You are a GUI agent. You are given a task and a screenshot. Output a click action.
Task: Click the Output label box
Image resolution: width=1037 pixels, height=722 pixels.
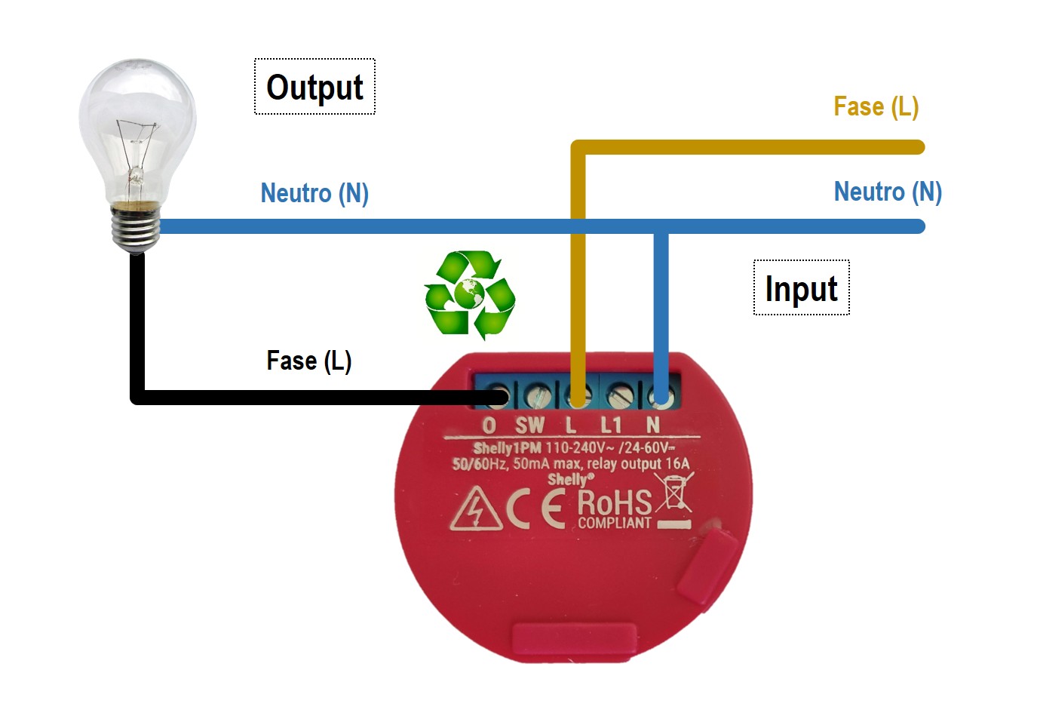314,87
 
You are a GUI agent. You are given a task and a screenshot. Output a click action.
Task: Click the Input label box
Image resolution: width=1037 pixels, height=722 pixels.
801,288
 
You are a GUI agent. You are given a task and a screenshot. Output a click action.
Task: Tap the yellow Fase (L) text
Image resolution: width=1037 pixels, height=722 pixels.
876,106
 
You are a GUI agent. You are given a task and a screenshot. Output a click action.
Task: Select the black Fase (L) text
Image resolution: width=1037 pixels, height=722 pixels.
308,361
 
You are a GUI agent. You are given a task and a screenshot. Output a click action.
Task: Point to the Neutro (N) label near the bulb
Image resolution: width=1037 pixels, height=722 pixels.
314,193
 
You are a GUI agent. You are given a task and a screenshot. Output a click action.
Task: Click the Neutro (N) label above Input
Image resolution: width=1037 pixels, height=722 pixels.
888,192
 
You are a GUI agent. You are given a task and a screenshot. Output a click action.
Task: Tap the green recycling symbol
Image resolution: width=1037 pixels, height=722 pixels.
469,293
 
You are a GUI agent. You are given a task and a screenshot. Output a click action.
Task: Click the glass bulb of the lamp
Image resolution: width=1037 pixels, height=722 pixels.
137,128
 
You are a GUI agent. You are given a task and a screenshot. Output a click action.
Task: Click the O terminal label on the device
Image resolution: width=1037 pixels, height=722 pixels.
489,426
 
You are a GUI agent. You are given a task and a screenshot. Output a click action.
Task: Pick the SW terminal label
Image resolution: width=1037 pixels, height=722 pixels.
529,426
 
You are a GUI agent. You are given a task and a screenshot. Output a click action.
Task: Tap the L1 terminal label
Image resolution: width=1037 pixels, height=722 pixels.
611,426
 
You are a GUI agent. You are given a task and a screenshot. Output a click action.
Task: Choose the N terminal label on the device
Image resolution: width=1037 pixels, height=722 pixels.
653,426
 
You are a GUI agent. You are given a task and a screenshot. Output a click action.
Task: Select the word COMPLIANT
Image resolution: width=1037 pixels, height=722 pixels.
614,523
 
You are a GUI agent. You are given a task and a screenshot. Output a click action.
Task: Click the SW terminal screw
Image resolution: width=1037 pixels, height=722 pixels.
538,395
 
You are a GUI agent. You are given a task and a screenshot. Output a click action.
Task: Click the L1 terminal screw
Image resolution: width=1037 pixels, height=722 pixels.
620,395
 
